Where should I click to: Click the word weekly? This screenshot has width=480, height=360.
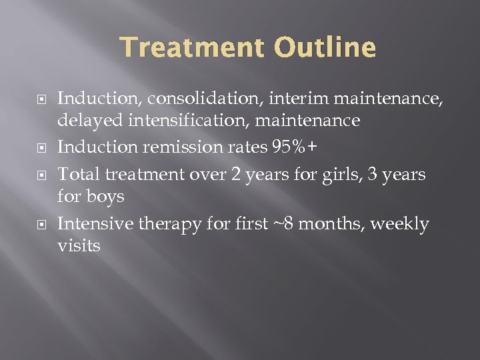point(399,225)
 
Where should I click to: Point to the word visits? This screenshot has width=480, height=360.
point(79,246)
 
